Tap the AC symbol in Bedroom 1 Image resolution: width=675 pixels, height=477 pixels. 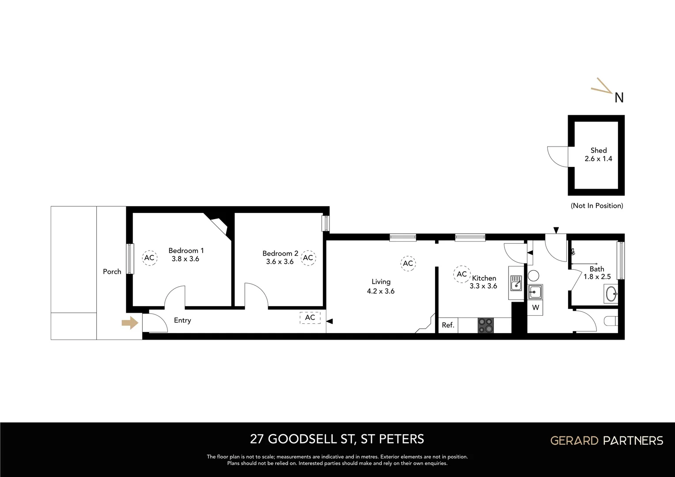tap(149, 257)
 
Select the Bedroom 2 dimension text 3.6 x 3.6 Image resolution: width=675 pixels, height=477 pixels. tap(280, 261)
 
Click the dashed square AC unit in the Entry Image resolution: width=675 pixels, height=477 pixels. tap(310, 318)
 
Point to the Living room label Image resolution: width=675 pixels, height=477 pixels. tap(381, 281)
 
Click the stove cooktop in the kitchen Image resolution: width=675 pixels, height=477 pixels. tap(485, 326)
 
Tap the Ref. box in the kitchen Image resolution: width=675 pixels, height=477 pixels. tap(448, 326)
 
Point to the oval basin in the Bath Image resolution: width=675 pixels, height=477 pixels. tap(612, 294)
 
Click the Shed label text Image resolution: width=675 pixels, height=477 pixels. tap(599, 150)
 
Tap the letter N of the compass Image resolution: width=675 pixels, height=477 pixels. tap(619, 98)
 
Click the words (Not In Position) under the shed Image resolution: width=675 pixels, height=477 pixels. tap(597, 206)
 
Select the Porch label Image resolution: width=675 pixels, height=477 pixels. tap(112, 272)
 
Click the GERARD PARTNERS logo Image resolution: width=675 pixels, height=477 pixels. tap(606, 440)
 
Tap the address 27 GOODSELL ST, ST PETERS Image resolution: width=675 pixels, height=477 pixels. tap(337, 439)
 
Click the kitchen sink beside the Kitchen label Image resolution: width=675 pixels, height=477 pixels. tap(516, 283)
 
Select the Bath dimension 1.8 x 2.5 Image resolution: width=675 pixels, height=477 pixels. tap(597, 277)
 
